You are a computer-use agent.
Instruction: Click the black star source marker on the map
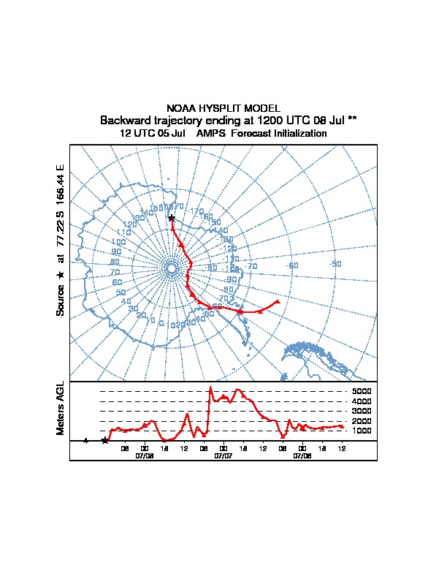coord(172,218)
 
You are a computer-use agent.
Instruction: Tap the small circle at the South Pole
coord(172,269)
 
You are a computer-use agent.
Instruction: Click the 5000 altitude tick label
coord(362,392)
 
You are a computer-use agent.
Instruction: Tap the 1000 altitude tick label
coord(362,431)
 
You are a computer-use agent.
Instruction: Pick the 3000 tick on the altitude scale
coord(362,411)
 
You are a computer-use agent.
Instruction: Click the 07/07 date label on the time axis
coord(223,455)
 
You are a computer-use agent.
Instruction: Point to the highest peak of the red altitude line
coord(210,387)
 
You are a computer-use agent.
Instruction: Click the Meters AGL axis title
coord(61,409)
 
